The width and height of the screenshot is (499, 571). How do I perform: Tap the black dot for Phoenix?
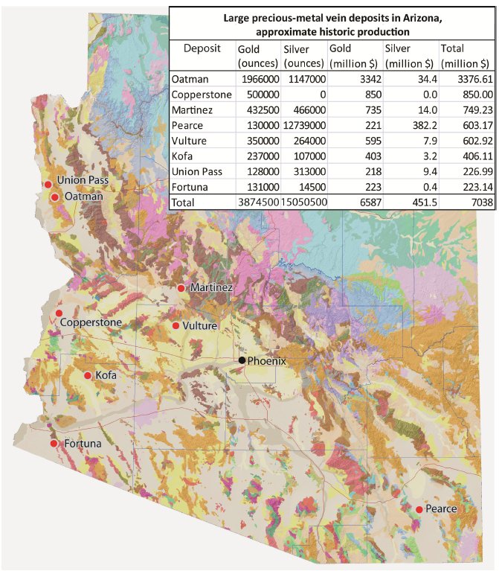click(x=242, y=360)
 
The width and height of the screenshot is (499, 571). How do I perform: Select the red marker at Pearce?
click(x=419, y=509)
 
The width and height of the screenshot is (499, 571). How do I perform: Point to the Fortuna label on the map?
click(x=83, y=444)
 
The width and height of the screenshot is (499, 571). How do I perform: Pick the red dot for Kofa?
click(x=88, y=376)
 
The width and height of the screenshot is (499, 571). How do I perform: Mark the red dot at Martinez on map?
click(x=180, y=287)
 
